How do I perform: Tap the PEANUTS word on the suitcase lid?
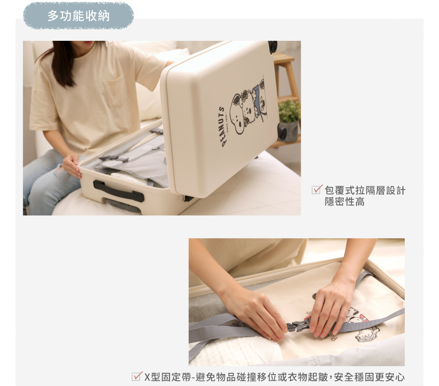[223, 127]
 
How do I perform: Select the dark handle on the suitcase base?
[119, 192]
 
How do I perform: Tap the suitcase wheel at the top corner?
[273, 46]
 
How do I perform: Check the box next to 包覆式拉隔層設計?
[317, 190]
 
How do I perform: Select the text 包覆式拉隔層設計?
[365, 190]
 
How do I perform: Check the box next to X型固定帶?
[137, 376]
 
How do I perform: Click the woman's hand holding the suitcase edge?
[72, 166]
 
